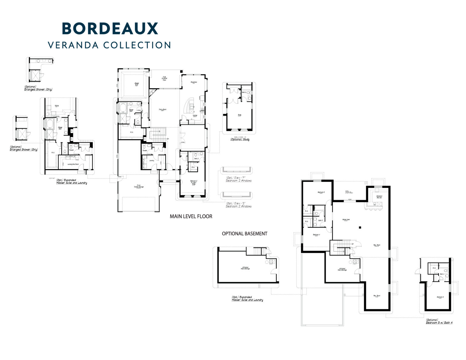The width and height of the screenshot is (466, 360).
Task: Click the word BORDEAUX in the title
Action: tap(110, 28)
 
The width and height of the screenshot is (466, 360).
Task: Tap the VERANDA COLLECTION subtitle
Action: tap(110, 45)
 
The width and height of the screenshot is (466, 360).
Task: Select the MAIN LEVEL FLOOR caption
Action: tap(191, 217)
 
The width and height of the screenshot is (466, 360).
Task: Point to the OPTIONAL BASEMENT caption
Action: tap(245, 234)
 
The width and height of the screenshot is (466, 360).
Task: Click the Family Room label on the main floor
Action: tap(163, 109)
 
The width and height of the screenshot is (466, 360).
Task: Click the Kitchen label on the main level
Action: tap(195, 116)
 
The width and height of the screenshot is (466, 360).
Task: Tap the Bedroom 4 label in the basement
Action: tap(316, 235)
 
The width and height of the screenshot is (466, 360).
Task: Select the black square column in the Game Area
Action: tap(360, 227)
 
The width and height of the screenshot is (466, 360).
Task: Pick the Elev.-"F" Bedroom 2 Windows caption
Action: tap(238, 179)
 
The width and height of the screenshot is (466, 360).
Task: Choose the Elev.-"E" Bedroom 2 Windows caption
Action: tap(238, 205)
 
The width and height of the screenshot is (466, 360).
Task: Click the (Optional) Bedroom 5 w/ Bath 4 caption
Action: tap(439, 321)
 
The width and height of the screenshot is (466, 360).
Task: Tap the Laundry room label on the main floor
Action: tap(152, 160)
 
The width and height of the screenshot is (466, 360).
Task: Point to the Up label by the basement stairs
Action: tap(352, 244)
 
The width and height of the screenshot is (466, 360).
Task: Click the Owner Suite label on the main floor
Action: tap(137, 84)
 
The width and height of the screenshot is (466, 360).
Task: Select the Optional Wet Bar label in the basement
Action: tap(379, 197)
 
